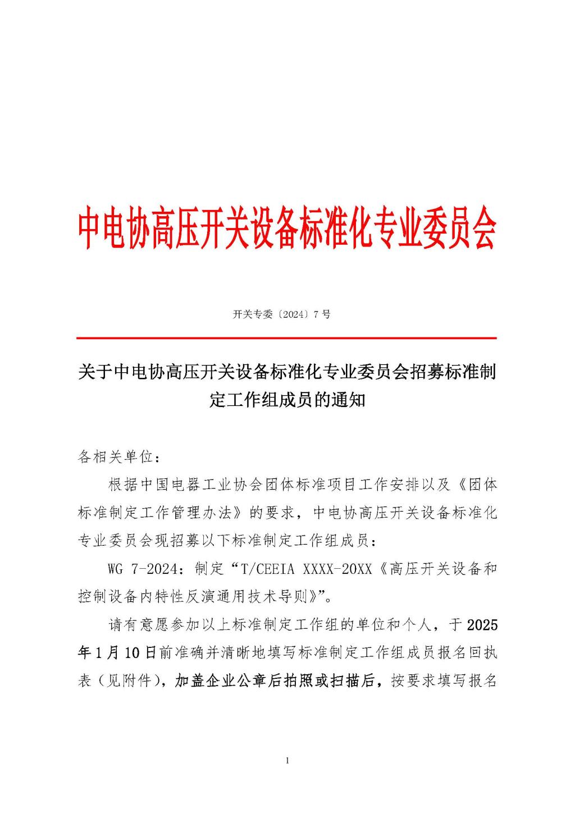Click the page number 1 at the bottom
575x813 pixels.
click(287, 761)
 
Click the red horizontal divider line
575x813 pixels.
click(287, 338)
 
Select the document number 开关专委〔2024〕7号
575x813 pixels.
click(282, 314)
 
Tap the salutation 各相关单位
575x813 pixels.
click(115, 456)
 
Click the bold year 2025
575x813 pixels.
click(482, 625)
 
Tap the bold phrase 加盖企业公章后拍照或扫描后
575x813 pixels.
click(275, 681)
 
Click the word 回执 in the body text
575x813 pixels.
click(482, 653)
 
